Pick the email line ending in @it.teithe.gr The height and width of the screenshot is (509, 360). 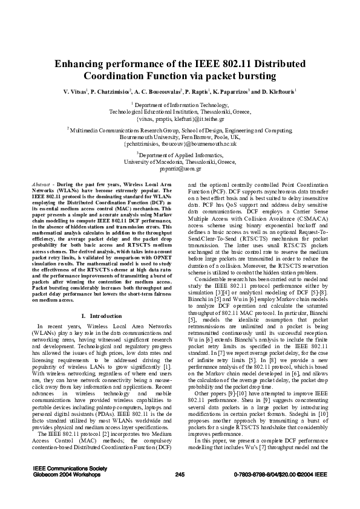coord(180,119)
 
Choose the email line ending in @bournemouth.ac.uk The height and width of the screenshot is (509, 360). coord(180,144)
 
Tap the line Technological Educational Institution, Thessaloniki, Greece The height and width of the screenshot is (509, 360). coord(180,112)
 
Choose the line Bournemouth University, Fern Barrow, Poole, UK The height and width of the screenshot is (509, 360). coord(180,137)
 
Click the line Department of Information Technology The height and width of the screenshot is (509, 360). coord(180,105)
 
